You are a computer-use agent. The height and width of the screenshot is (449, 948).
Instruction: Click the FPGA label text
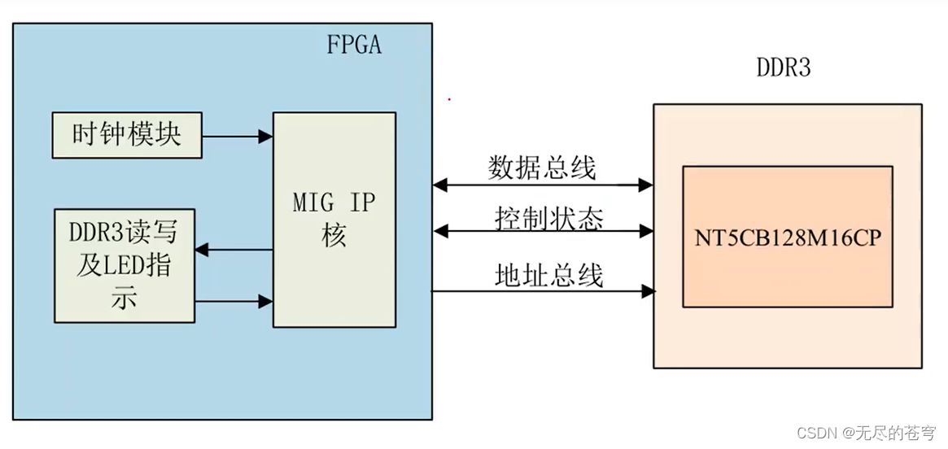click(x=353, y=44)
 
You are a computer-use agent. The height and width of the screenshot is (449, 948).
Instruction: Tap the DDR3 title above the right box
click(x=784, y=68)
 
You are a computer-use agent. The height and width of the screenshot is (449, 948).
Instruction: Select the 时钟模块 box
click(x=126, y=135)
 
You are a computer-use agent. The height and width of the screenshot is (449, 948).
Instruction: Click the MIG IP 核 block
click(x=334, y=219)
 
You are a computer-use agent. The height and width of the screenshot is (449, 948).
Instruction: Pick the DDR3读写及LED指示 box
click(x=125, y=265)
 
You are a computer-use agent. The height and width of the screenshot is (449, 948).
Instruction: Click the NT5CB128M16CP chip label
click(x=787, y=238)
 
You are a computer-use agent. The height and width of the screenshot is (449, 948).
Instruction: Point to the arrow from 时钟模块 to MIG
click(x=237, y=136)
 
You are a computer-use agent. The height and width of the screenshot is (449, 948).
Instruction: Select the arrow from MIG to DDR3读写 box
click(x=234, y=250)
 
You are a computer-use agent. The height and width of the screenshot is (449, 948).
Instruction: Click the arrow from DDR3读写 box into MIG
click(x=234, y=302)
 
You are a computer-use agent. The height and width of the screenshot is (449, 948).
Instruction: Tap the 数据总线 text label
click(x=542, y=168)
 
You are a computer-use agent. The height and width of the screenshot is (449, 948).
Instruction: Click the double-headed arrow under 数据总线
click(x=542, y=185)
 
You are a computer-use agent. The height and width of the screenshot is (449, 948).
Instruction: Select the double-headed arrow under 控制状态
click(x=542, y=233)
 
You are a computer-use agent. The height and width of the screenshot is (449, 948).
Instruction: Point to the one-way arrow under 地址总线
click(x=542, y=290)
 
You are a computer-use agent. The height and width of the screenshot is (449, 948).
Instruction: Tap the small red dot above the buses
click(x=448, y=99)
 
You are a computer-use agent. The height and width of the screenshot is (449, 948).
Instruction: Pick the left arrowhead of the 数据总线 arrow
click(x=440, y=185)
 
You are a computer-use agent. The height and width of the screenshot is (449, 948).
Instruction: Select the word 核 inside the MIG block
click(x=334, y=237)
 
